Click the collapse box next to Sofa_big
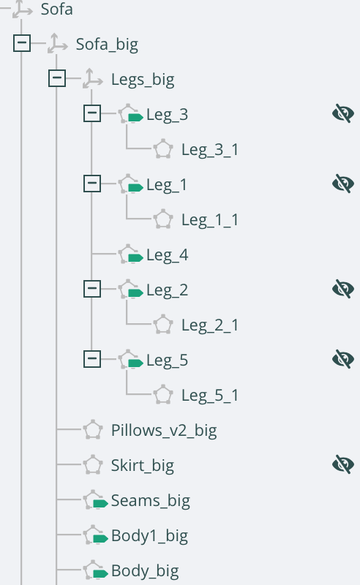pos(22,43)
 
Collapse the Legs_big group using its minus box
pos(57,78)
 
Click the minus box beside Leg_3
pos(92,113)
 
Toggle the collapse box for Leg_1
pos(92,184)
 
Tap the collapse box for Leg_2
pos(92,289)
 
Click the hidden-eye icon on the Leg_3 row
pos(343,113)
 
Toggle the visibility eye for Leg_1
pos(343,184)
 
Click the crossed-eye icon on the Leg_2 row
pos(343,289)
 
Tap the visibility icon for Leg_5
pos(343,359)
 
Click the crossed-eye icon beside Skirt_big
pos(343,464)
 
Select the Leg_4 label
pos(168,255)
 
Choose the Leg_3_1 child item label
pos(210,150)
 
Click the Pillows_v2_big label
pos(164,431)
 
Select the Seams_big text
pos(151,501)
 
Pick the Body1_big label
pos(149,536)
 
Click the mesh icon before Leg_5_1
pos(163,394)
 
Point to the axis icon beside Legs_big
pos(92,78)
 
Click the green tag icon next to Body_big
pos(100,573)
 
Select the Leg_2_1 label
pos(210,325)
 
